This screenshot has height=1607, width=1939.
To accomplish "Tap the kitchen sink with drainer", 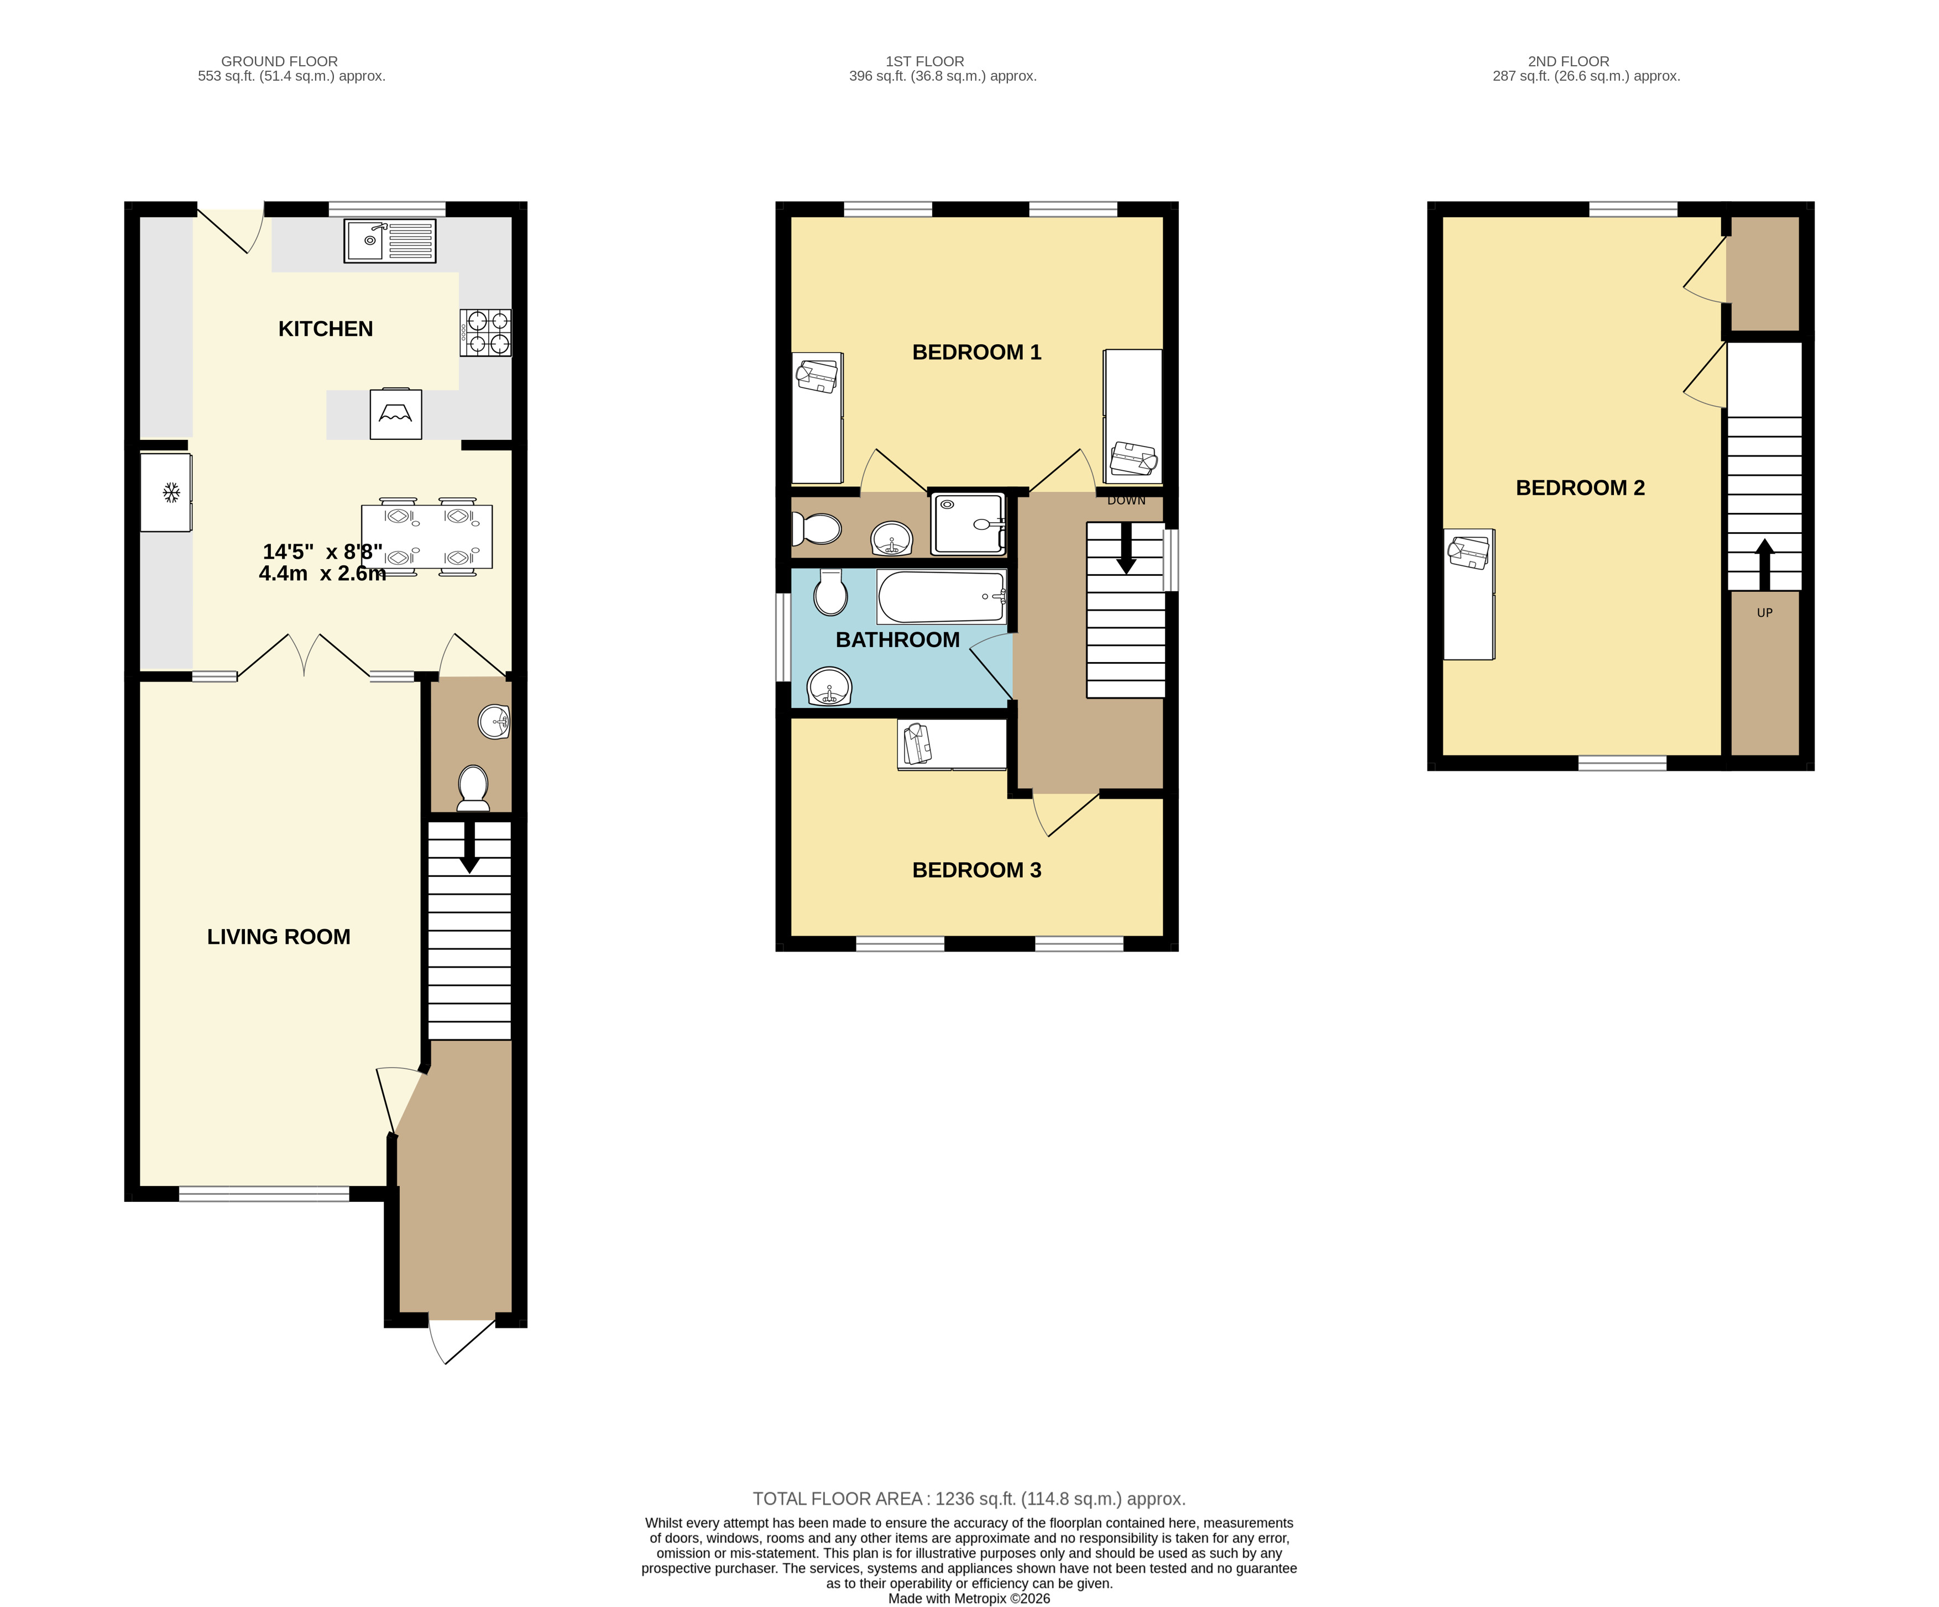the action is click(390, 241).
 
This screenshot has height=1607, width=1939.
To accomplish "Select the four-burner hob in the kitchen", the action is click(485, 332).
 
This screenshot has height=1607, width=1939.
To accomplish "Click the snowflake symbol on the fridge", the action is click(171, 493).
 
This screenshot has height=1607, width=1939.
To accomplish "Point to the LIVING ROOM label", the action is click(279, 937).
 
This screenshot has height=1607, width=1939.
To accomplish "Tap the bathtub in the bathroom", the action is click(941, 596).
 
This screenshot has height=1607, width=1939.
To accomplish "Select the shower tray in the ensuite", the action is click(968, 523).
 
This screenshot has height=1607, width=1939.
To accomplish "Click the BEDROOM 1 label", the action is click(977, 353).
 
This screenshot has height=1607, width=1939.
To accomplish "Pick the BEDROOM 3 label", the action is click(977, 870).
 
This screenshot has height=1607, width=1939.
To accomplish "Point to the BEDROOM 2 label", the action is click(1581, 489).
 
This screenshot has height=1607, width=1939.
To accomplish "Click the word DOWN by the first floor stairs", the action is click(1126, 500).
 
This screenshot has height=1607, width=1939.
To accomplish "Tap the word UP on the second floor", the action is click(1764, 613).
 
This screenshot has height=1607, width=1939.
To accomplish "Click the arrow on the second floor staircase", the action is click(1764, 565).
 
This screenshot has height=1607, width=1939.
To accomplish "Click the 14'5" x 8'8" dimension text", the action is click(322, 552).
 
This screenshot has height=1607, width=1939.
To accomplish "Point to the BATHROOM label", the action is click(897, 640).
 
